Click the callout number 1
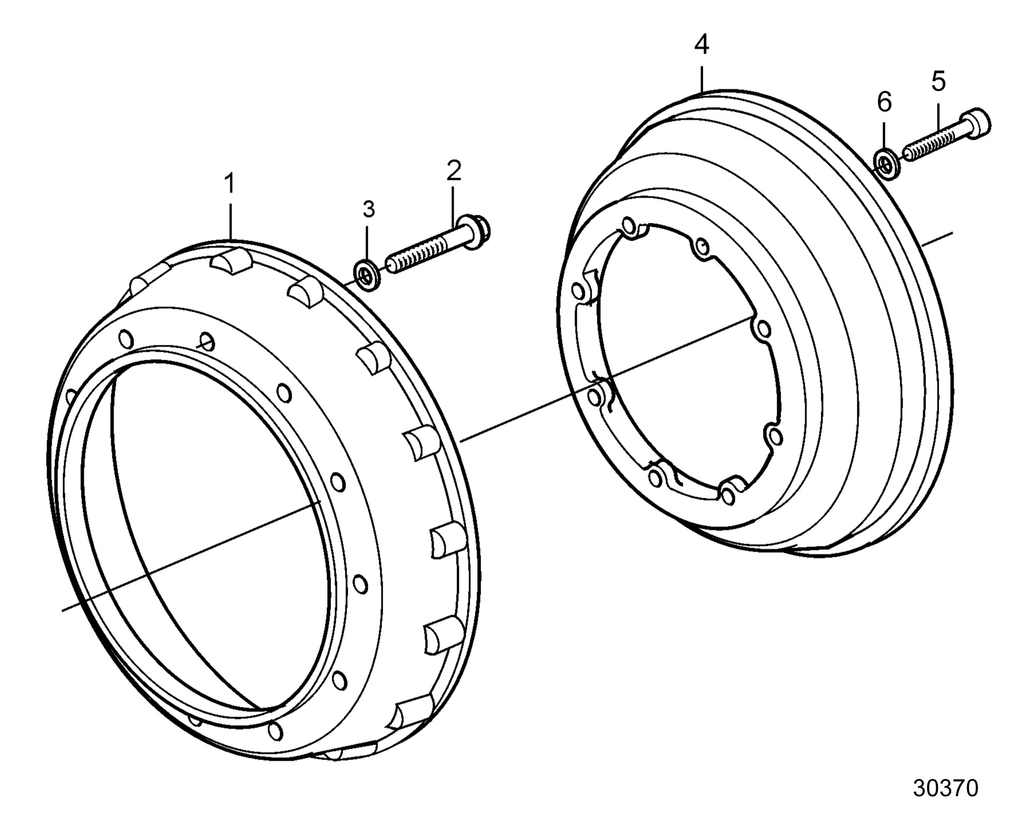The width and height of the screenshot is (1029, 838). click(230, 184)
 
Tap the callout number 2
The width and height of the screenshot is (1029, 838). click(454, 171)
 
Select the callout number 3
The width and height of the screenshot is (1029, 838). click(369, 209)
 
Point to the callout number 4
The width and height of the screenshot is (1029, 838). click(701, 45)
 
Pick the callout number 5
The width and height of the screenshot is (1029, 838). click(939, 82)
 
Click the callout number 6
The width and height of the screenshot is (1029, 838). click(884, 103)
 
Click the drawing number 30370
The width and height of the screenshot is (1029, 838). click(945, 788)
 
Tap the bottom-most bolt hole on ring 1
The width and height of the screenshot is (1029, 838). click(275, 731)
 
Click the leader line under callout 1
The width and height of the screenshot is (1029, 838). click(230, 220)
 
